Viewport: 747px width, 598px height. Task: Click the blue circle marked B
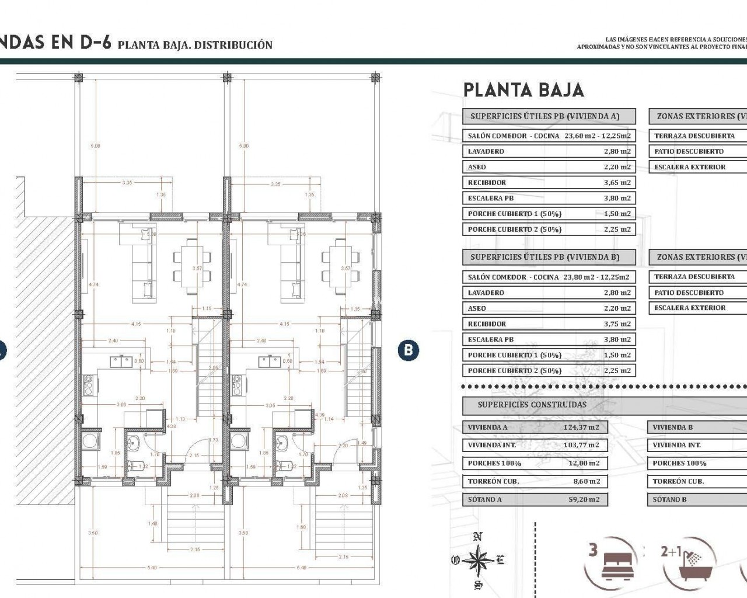click(409, 350)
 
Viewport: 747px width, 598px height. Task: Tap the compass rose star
click(478, 560)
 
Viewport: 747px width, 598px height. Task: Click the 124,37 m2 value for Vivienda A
click(581, 427)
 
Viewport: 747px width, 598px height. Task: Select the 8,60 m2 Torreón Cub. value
click(587, 482)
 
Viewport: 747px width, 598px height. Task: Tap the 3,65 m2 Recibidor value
click(617, 183)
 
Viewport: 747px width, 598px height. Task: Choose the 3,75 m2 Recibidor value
click(617, 324)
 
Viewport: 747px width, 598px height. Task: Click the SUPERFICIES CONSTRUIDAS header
click(532, 405)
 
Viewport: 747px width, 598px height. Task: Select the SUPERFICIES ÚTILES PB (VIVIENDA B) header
click(544, 257)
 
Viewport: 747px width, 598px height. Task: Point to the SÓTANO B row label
click(669, 500)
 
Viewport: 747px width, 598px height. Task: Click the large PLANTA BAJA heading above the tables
click(523, 90)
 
